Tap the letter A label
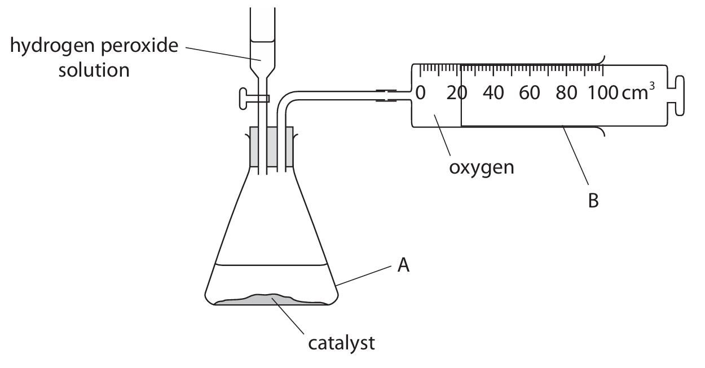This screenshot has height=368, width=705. pyautogui.click(x=403, y=265)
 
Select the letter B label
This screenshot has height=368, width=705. pyautogui.click(x=593, y=200)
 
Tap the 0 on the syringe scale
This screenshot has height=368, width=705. pyautogui.click(x=420, y=93)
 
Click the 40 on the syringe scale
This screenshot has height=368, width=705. pyautogui.click(x=493, y=93)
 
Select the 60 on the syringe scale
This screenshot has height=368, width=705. pyautogui.click(x=530, y=93)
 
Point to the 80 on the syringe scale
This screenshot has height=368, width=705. pyautogui.click(x=566, y=93)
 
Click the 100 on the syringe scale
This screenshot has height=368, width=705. pyautogui.click(x=601, y=93)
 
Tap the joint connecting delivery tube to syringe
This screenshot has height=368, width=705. pyautogui.click(x=385, y=95)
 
